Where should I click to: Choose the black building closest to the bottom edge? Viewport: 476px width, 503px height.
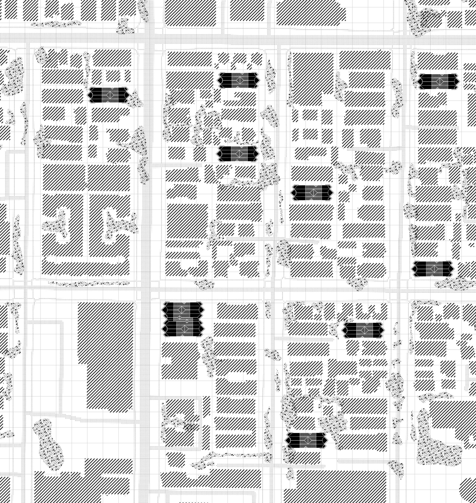[x=306, y=440]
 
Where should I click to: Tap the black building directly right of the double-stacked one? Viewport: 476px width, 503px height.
[x=363, y=330]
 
